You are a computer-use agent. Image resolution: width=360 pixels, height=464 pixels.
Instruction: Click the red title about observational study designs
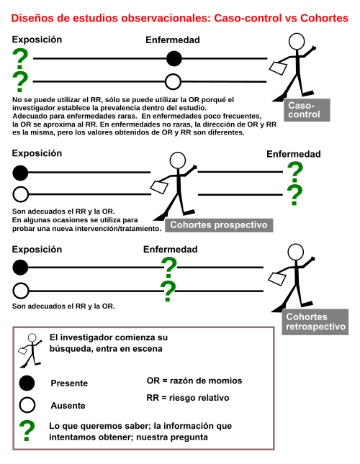[180, 18]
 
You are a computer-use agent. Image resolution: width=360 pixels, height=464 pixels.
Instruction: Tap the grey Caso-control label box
[307, 110]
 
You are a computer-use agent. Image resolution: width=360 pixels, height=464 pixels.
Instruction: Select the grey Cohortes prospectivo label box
[219, 225]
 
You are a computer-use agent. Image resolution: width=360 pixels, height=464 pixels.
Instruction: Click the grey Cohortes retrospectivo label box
[315, 322]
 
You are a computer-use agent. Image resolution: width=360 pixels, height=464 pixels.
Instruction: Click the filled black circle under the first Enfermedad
[174, 58]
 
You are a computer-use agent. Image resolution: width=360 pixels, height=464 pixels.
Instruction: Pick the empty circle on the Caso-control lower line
[173, 82]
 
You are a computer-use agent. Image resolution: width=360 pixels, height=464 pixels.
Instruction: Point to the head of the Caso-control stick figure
[297, 41]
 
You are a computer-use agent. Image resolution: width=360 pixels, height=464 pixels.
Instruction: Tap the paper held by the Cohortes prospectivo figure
[159, 187]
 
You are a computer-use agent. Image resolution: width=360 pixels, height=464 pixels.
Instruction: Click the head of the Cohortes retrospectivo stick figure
[296, 252]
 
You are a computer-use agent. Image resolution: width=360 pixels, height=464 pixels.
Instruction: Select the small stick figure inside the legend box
[30, 350]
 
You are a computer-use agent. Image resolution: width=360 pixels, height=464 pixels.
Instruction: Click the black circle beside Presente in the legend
[27, 383]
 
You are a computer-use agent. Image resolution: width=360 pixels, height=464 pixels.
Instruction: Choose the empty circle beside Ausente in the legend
[27, 405]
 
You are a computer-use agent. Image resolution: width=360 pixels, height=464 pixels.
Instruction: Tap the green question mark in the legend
[27, 431]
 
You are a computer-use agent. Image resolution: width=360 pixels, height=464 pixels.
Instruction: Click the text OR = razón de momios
[194, 381]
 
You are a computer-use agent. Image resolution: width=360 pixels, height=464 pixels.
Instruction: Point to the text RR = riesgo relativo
[188, 398]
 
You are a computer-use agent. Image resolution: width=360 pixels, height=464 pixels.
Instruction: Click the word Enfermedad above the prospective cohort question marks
[293, 154]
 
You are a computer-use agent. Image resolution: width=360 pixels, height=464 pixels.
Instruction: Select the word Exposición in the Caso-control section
[37, 40]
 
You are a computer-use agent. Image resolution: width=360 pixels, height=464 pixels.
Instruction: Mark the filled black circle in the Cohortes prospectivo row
[20, 173]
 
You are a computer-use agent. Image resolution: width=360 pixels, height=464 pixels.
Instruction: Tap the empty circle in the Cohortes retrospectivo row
[21, 291]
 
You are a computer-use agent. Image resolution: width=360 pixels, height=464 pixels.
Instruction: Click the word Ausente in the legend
[68, 406]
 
